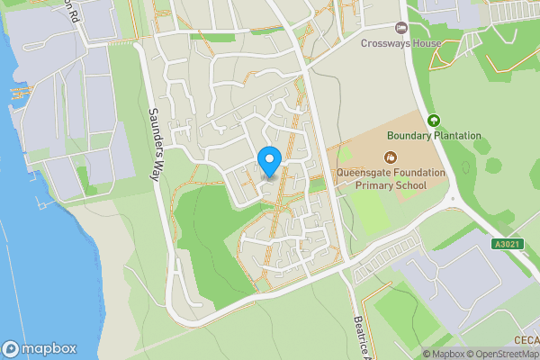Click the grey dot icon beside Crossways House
point(401,27)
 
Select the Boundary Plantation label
point(434,136)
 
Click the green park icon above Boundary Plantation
point(435,121)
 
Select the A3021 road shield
point(507,244)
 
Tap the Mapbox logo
point(37,348)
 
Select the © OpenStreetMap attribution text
point(500,354)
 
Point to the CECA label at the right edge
point(526,339)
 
